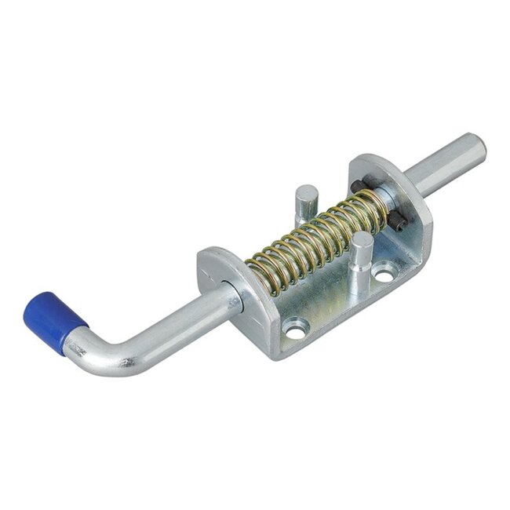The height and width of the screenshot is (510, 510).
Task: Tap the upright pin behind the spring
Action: (305, 200)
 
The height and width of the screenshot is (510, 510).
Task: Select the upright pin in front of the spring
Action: (361, 251)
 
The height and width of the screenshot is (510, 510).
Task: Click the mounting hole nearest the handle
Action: (295, 332)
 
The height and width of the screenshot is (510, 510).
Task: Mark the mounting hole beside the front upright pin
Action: (384, 275)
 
